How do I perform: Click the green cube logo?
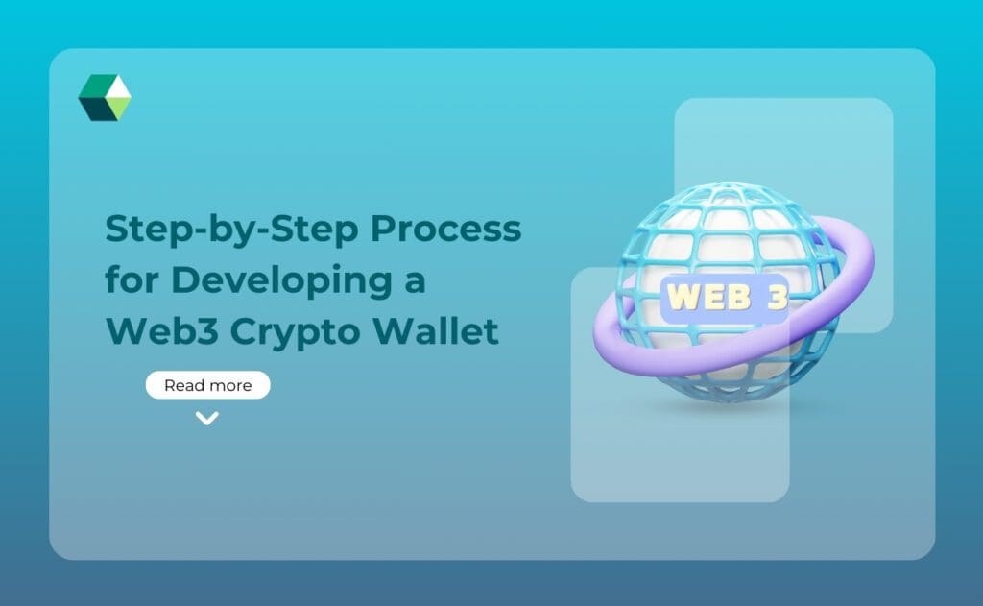pyautogui.click(x=105, y=97)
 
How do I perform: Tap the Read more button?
pyautogui.click(x=207, y=385)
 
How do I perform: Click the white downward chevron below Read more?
pyautogui.click(x=207, y=418)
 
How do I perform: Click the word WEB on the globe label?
pyautogui.click(x=708, y=297)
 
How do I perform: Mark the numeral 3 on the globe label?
pyautogui.click(x=777, y=297)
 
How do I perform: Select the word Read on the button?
pyautogui.click(x=182, y=385)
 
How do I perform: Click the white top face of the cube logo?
pyautogui.click(x=117, y=87)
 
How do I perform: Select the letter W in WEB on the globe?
pyautogui.click(x=683, y=297)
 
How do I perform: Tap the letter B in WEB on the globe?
pyautogui.click(x=736, y=297)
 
